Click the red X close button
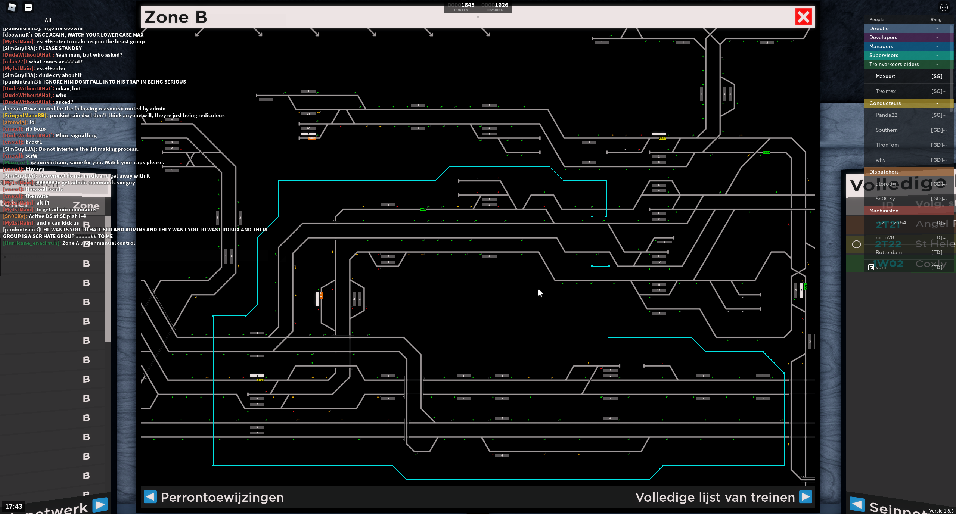pos(803,17)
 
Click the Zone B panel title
pos(176,17)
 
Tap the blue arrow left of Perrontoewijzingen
pos(150,497)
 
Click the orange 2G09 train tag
pos(312,138)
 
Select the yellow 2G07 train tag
pos(662,138)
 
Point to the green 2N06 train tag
pos(766,152)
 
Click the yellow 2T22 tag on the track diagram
pos(261,380)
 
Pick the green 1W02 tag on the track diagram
pos(423,209)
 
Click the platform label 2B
pos(308,113)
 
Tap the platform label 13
pos(659,313)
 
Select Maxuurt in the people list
pos(885,76)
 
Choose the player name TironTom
pos(887,145)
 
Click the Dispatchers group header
pos(884,172)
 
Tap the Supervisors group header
pos(884,55)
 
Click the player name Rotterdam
pos(888,252)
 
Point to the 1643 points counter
pos(467,5)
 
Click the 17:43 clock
pos(14,506)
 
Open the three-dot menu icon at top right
pos(944,7)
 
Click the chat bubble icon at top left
pos(28,7)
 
